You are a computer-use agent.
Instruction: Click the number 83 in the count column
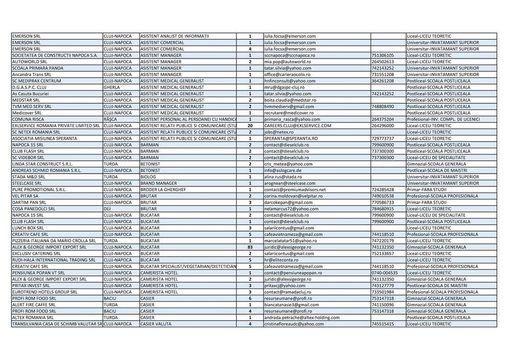pyautogui.click(x=250, y=247)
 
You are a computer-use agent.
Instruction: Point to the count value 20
pyautogui.click(x=250, y=126)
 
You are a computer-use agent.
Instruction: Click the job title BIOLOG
pyautogui.click(x=148, y=177)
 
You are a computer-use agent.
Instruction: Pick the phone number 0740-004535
pyautogui.click(x=385, y=272)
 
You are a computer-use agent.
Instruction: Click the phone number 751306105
pyautogui.click(x=383, y=56)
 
